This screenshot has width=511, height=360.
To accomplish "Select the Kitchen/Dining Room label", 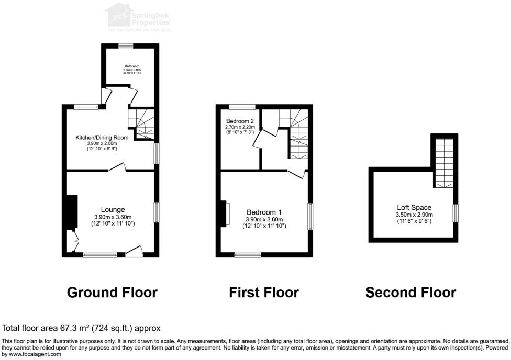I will (102, 137).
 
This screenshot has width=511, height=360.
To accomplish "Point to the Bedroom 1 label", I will (264, 212).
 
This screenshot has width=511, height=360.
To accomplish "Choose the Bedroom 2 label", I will (239, 120).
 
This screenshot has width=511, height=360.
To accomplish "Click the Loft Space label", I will (414, 208).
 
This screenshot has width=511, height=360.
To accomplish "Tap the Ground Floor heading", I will (112, 292).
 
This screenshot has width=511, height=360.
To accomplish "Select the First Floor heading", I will (264, 292).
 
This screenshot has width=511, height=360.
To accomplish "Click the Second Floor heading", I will (410, 292).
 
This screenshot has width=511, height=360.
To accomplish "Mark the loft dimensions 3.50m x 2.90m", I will (414, 215).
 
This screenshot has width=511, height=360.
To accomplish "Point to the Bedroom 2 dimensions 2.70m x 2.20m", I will (240, 127).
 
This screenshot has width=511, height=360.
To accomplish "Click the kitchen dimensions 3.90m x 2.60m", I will (102, 143).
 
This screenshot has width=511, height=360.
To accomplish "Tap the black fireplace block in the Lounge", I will (70, 212).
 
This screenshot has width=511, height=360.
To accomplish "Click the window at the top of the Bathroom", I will (126, 46).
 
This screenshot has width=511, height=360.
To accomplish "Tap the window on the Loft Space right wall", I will (456, 213).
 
